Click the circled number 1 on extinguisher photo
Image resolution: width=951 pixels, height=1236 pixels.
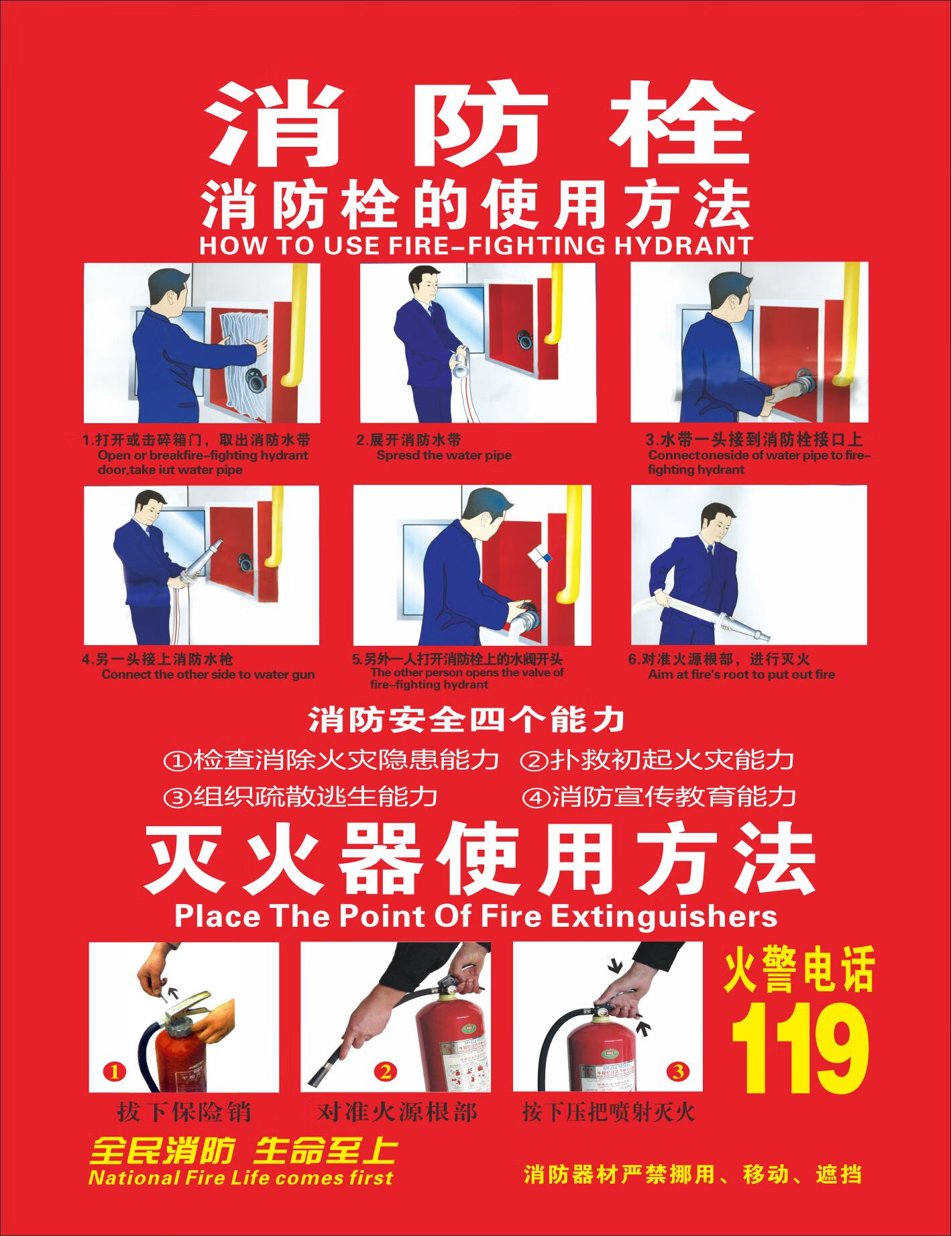click(x=115, y=1072)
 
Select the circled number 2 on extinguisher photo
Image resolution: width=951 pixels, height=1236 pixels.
click(x=386, y=1072)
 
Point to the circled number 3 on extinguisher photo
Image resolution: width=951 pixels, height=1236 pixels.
click(x=678, y=1072)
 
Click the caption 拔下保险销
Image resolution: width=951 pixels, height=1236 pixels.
click(x=184, y=1113)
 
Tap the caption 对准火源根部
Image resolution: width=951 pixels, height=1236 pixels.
click(x=396, y=1113)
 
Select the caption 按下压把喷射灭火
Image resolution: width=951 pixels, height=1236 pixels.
click(x=608, y=1113)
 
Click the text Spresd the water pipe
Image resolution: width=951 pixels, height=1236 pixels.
click(x=443, y=455)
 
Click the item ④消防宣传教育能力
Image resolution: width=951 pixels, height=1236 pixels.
click(x=659, y=797)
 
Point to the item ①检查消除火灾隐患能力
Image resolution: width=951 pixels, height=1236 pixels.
click(x=331, y=761)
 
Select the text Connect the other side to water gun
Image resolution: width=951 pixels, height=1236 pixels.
click(x=208, y=675)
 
